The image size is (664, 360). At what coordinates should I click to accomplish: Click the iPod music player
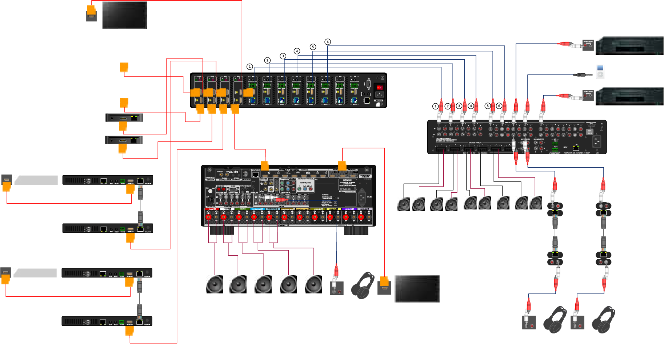click(x=600, y=72)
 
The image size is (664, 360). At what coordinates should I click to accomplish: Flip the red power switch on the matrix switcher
click(x=379, y=88)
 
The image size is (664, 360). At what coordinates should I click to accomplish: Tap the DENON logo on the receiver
click(x=347, y=180)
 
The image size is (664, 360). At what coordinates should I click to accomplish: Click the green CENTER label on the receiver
click(x=242, y=209)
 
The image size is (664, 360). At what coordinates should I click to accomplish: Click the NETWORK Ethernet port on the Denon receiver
click(x=256, y=175)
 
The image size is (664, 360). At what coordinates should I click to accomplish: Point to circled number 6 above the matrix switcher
click(x=328, y=42)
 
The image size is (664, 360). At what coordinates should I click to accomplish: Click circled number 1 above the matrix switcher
click(x=249, y=67)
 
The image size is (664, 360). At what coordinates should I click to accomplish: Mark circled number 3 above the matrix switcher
click(x=283, y=56)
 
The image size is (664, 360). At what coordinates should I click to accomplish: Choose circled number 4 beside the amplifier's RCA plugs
click(x=471, y=106)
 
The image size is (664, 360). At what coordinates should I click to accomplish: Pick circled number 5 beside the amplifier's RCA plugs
click(x=488, y=106)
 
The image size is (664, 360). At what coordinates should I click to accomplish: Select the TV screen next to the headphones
click(x=417, y=288)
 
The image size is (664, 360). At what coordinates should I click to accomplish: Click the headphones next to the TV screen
click(x=363, y=285)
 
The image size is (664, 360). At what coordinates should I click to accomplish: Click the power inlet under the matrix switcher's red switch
click(x=379, y=95)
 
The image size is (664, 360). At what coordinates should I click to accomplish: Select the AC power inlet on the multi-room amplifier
click(x=596, y=141)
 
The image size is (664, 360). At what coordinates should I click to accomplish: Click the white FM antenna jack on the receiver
click(x=210, y=191)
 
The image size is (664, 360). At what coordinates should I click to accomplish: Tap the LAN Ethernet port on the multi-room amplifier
click(x=576, y=148)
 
